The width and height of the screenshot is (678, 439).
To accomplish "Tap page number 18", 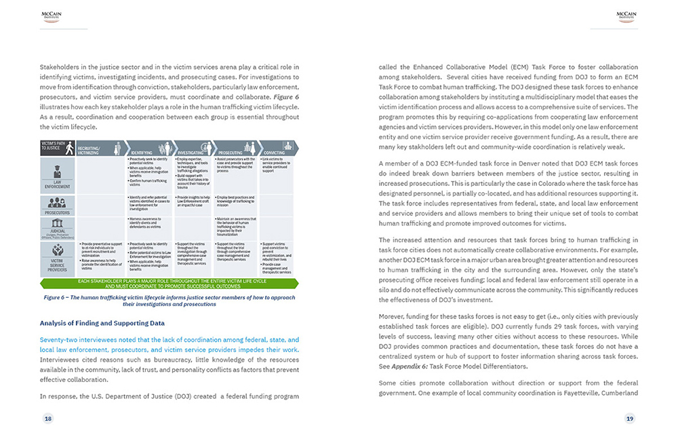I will click(48, 419).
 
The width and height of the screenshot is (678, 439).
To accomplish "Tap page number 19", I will click(629, 419).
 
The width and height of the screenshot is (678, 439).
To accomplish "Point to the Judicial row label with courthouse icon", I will click(58, 229).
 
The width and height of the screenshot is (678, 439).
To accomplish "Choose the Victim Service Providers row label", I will click(58, 259).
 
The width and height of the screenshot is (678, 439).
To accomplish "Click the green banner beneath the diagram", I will click(169, 284).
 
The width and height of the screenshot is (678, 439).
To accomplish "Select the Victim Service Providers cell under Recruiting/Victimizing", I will click(100, 259).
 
